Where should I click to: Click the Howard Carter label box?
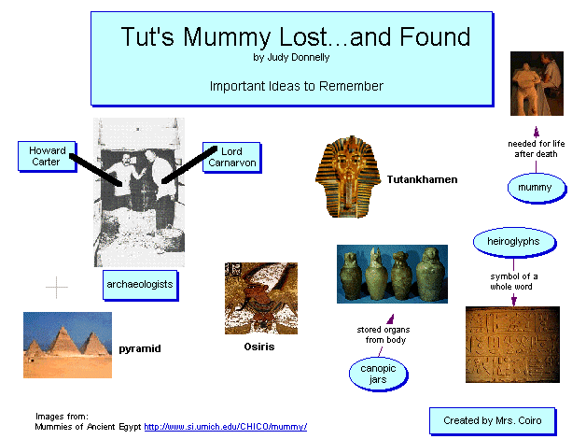coord(47,156)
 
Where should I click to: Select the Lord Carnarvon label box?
coord(231,158)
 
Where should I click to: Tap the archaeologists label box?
coord(140,285)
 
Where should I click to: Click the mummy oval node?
coord(537,188)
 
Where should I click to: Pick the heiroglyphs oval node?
coord(515,242)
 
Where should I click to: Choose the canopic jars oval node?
coord(378,375)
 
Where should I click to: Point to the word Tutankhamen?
coord(422,179)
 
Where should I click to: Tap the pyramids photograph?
coord(67,346)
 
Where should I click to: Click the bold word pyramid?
coord(140,348)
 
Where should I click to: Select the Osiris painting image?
coord(261,298)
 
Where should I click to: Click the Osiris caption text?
coord(259,347)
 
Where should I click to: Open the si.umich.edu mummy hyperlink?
coord(226,427)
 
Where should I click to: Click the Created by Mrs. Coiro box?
coord(493,421)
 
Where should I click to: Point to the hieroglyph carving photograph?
coord(512,345)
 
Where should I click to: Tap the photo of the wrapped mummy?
coord(537,83)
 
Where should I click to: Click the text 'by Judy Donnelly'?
coord(291,58)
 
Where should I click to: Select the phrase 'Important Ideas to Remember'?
coord(297,86)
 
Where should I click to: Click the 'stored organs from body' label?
coord(384,334)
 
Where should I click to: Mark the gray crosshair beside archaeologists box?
coord(56,287)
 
